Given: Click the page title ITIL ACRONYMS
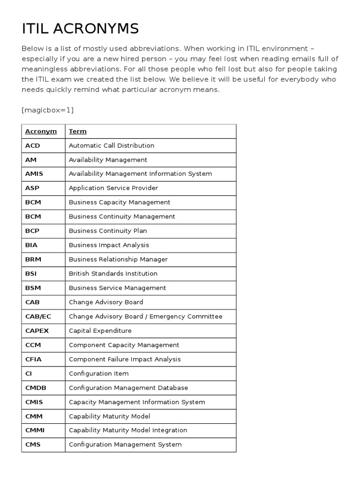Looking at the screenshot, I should pos(81,29).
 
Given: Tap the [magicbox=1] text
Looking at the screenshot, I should pos(47,110).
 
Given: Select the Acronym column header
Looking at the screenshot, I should pos(41,131).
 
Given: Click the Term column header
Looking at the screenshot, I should pos(78,131).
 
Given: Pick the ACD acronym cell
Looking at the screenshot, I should pos(33,146).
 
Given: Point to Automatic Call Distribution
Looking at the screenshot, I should pos(112,146).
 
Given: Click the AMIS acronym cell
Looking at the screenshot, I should pos(34,174).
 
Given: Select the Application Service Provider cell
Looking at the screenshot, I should pos(113,188).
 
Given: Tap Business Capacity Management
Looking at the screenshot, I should pos(120,202).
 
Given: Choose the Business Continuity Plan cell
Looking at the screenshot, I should pos(108,231).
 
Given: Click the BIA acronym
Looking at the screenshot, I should pos(30,245).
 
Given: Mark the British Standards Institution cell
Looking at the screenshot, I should pos(113,274).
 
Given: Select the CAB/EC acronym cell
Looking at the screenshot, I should pos(38,316).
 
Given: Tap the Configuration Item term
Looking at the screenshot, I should pos(98,374).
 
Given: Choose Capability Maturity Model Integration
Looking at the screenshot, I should pos(128,430).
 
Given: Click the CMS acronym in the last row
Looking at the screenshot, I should pos(33,445).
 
